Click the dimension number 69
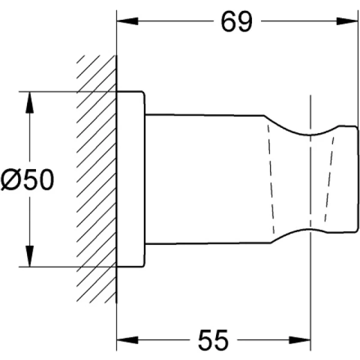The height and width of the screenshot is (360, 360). (x=236, y=22)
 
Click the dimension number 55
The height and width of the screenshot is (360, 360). (x=213, y=340)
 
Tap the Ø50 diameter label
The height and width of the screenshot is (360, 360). (x=28, y=179)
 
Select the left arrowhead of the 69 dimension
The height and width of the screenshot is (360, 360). (x=127, y=21)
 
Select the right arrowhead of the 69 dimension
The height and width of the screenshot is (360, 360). (x=347, y=21)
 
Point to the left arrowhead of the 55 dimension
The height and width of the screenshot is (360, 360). (x=127, y=340)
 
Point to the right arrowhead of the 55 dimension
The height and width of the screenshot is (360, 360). (x=299, y=340)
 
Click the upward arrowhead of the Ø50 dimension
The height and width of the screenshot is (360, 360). (x=29, y=103)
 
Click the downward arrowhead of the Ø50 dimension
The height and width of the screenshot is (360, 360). (x=29, y=256)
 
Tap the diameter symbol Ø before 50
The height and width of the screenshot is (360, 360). (x=10, y=179)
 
